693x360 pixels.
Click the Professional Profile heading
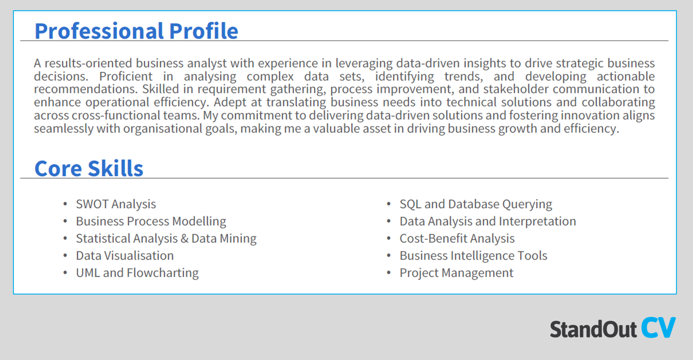(x=136, y=31)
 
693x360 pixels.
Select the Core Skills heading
(x=89, y=169)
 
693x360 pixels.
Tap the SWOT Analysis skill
(x=116, y=204)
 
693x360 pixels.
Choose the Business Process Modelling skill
(x=151, y=221)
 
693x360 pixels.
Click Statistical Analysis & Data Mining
(x=166, y=238)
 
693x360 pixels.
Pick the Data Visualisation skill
(x=125, y=255)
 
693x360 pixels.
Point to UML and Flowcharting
(x=137, y=273)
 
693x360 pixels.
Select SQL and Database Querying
(x=476, y=204)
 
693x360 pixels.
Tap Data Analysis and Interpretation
(x=488, y=221)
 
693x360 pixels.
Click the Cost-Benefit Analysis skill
(x=457, y=238)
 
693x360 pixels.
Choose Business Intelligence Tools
(x=473, y=255)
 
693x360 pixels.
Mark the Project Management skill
(x=456, y=273)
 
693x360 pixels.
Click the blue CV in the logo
(x=658, y=328)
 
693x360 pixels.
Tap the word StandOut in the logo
(x=593, y=329)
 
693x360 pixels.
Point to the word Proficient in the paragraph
(x=126, y=76)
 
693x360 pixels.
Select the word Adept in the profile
(x=230, y=102)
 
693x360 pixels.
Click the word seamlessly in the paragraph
(x=61, y=129)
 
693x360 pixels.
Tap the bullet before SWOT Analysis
(x=65, y=204)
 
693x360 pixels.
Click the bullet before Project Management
(x=389, y=273)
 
